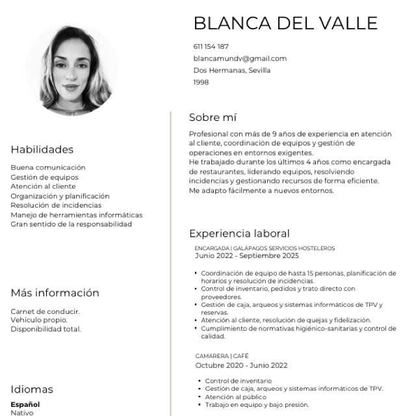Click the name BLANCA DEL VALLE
tap(285, 23)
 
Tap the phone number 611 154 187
tap(211, 47)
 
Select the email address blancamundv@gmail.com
tap(240, 58)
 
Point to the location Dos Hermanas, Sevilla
tap(231, 70)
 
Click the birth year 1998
tap(201, 83)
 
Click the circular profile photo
tap(73, 70)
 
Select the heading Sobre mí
tap(213, 118)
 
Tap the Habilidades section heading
tap(42, 149)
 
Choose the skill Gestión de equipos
tap(44, 177)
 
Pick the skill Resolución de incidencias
tap(56, 205)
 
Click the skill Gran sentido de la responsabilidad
tap(71, 224)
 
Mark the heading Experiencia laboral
tap(239, 233)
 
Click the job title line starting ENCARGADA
tap(265, 248)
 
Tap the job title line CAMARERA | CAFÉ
tap(222, 356)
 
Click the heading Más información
tap(55, 293)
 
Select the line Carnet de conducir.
tap(45, 311)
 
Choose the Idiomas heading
tap(32, 389)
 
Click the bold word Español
tap(25, 404)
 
